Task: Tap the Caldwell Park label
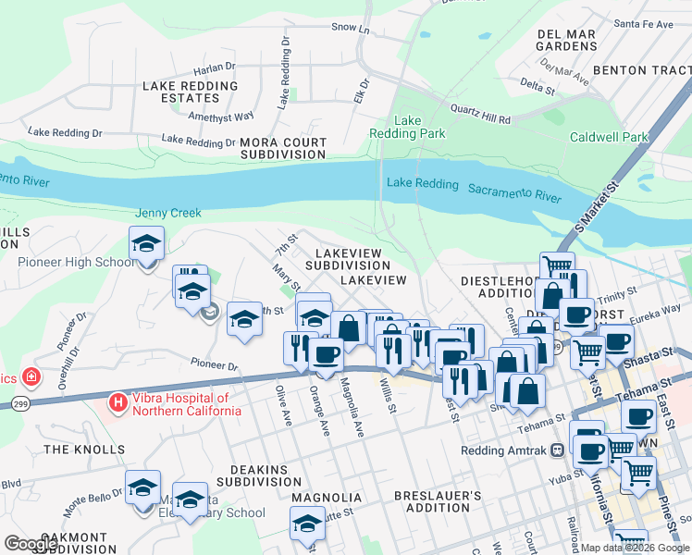click(609, 137)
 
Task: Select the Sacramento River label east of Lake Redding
click(514, 191)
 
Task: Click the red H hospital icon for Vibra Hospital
click(117, 402)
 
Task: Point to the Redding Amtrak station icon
click(558, 450)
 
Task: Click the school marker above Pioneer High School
click(146, 244)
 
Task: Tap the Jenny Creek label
click(168, 213)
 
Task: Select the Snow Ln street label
click(350, 29)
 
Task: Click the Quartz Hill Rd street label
click(480, 114)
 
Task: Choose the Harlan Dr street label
click(215, 68)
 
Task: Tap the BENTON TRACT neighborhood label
click(641, 69)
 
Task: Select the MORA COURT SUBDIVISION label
click(283, 148)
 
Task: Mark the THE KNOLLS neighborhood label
click(84, 450)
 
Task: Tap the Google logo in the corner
click(31, 544)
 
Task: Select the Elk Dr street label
click(361, 89)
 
